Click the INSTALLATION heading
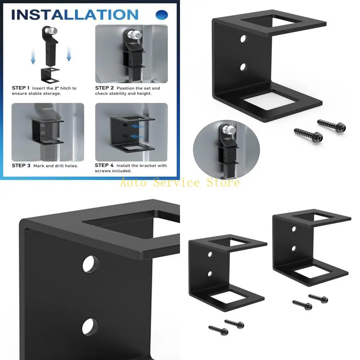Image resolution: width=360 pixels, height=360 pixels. pos(75,15)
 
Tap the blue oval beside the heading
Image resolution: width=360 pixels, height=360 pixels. pos(162,15)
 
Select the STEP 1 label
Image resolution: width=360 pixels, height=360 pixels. pos(21,88)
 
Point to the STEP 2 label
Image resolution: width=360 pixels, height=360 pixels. pos(104,88)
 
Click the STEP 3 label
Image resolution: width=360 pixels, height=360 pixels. pos(21,166)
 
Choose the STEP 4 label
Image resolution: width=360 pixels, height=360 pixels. pos(104,165)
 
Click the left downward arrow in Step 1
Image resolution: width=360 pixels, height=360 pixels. pos(33,56)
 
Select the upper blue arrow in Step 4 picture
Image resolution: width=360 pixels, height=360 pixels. pos(137,126)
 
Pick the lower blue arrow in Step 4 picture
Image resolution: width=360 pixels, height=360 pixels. pos(137,137)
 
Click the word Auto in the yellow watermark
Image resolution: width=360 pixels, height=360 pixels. pos(133,182)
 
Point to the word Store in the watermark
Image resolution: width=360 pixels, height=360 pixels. pos(223,182)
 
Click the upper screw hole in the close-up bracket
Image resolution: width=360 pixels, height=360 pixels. pos(90,264)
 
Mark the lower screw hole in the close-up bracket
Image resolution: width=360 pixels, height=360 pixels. pos(90,327)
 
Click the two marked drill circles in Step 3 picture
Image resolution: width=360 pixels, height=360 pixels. pos(43,129)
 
